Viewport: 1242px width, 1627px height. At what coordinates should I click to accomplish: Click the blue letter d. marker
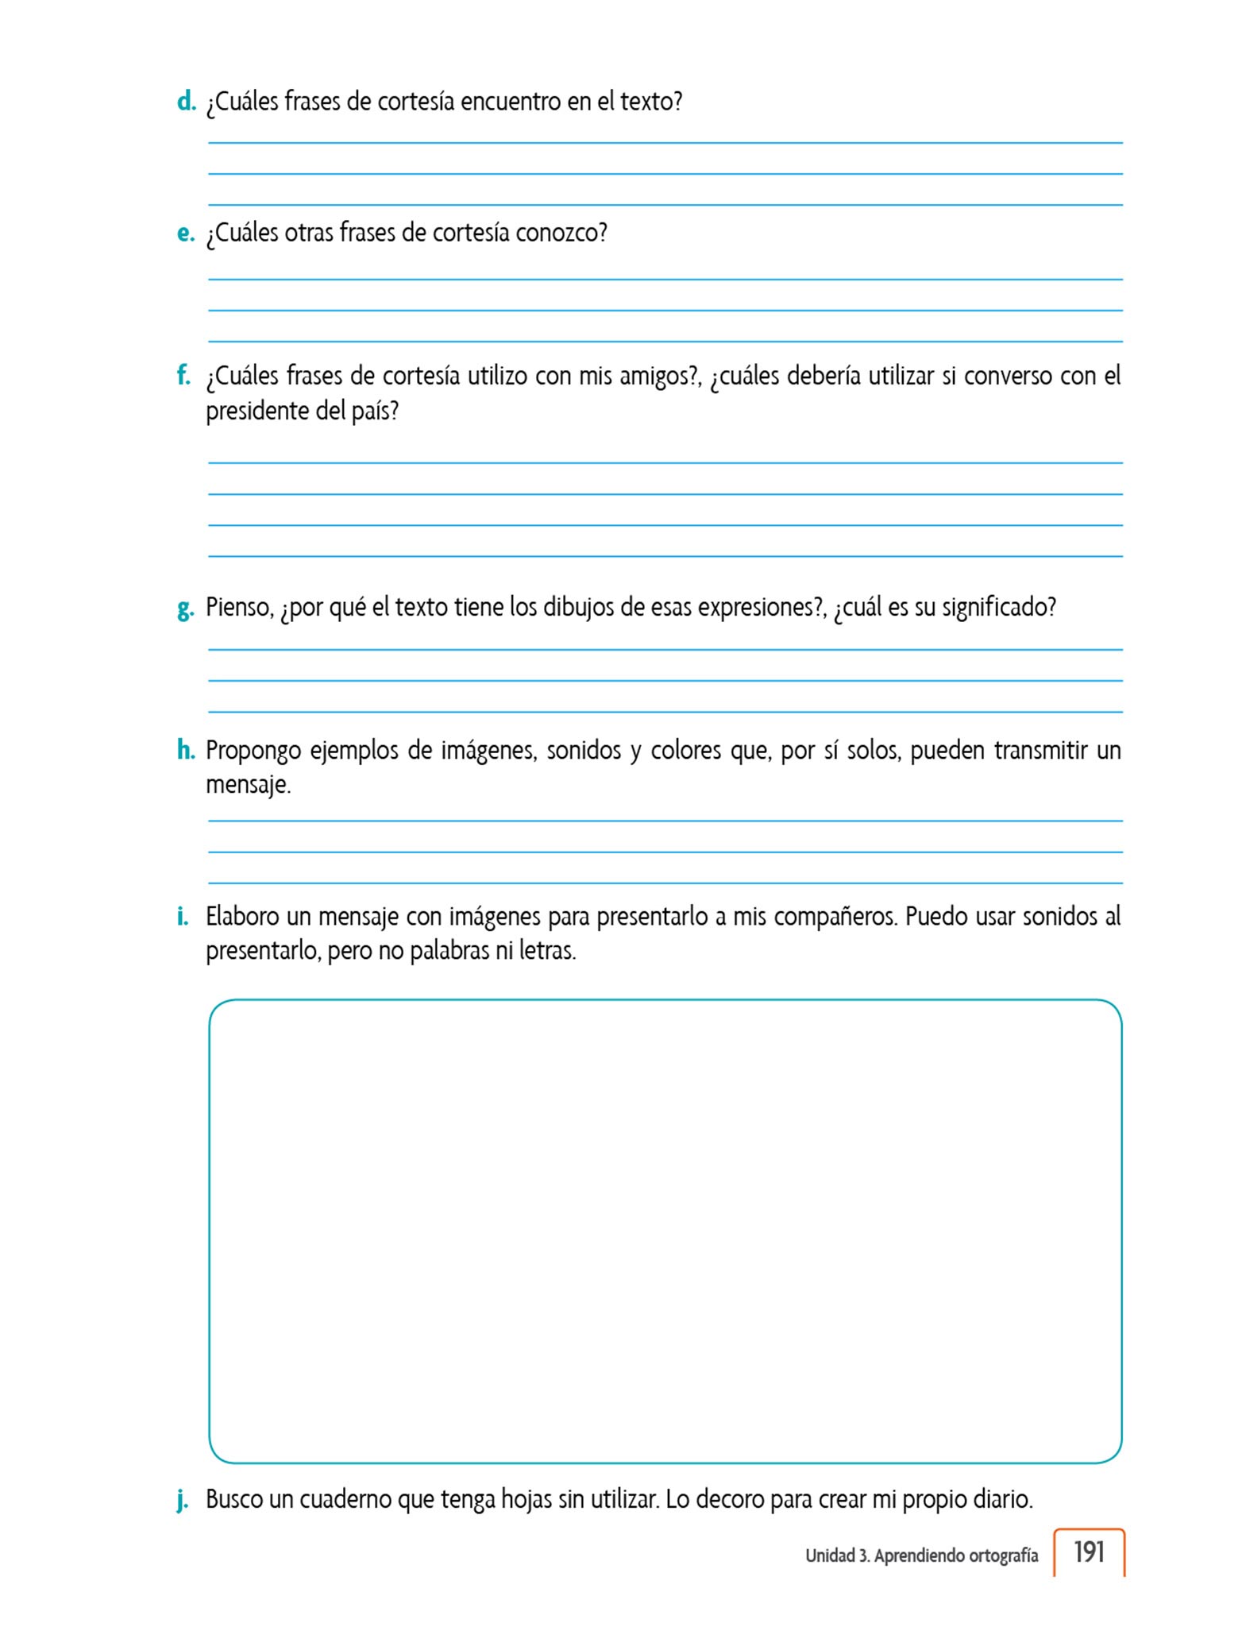(x=186, y=102)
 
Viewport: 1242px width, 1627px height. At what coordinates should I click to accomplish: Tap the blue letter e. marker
(x=186, y=234)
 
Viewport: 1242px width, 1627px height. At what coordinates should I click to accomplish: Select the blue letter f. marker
(x=183, y=375)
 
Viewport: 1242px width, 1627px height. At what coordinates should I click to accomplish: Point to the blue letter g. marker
(x=186, y=609)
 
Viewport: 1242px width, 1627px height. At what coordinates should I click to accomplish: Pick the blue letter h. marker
(x=186, y=750)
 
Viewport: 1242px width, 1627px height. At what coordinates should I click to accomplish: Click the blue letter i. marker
(x=183, y=916)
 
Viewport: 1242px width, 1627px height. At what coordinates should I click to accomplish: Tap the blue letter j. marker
(x=183, y=1501)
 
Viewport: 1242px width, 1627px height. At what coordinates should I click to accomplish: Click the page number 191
(x=1089, y=1552)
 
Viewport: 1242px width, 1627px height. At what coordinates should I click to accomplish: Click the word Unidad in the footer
(x=829, y=1556)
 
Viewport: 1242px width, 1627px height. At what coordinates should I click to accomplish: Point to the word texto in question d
(x=650, y=102)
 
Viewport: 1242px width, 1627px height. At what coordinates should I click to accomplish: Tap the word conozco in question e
(x=561, y=234)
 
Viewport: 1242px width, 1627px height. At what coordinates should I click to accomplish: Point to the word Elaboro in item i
(x=241, y=916)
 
